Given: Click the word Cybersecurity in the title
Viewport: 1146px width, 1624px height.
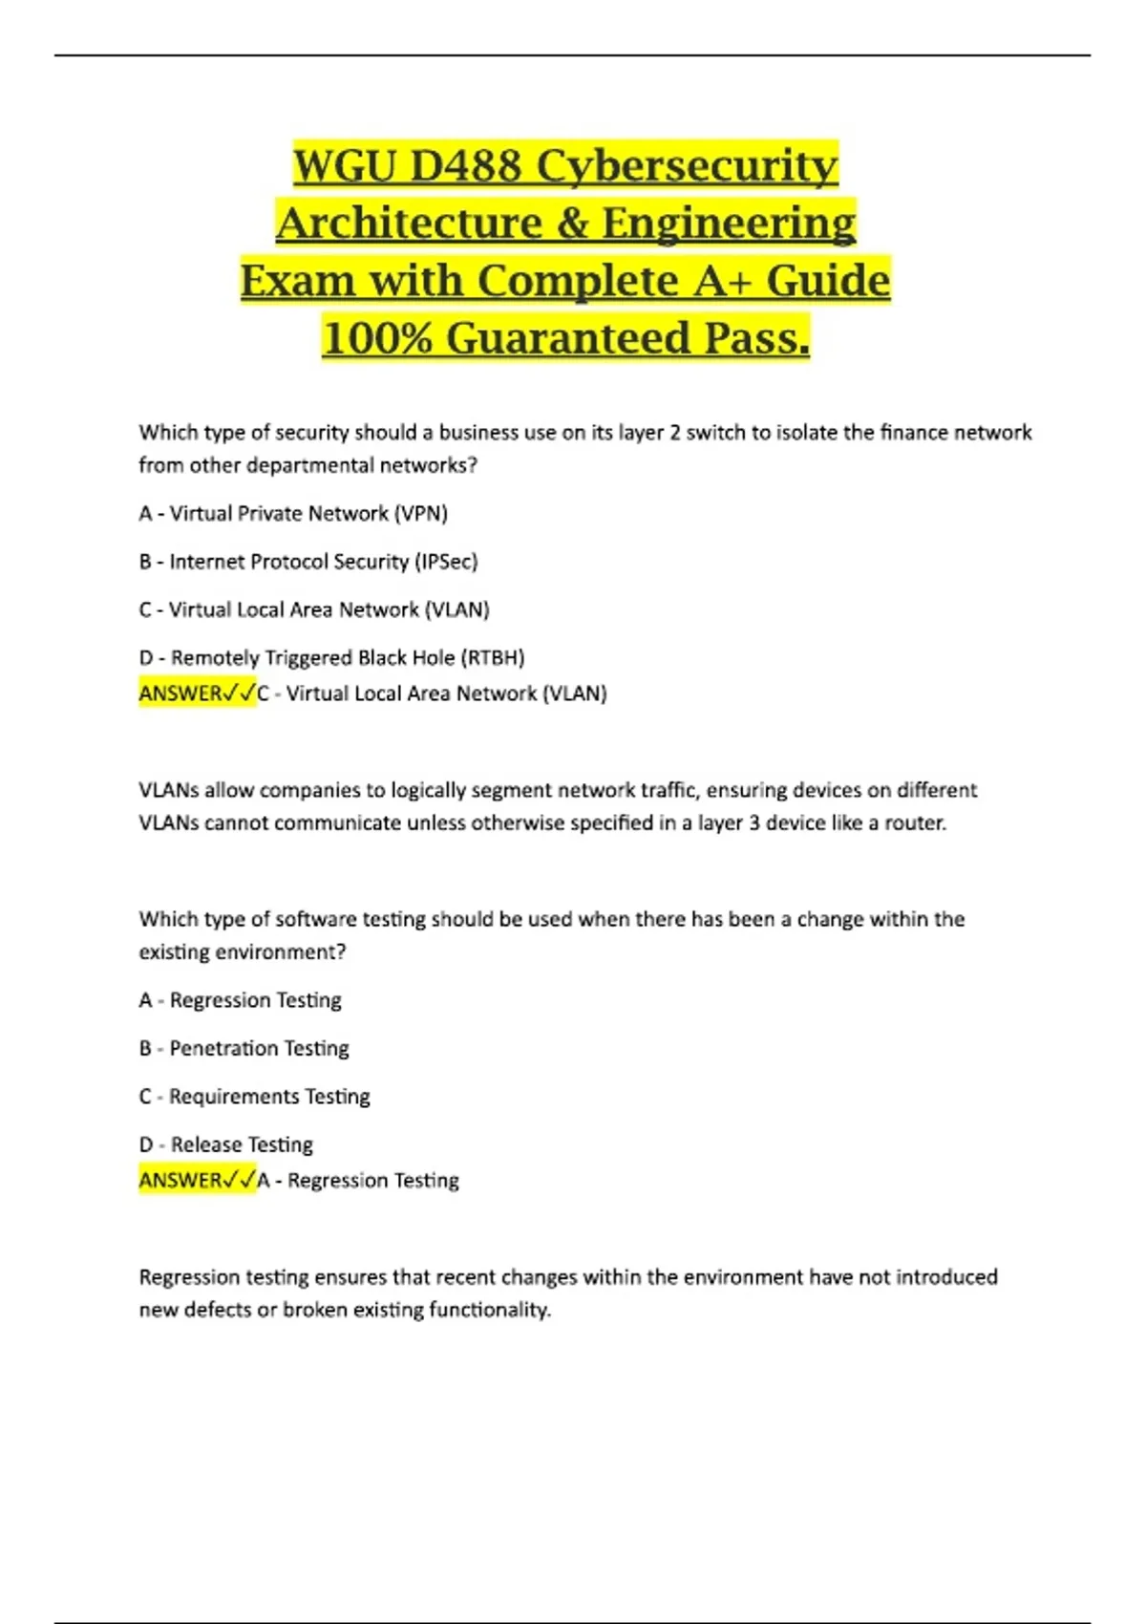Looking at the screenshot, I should pos(687,166).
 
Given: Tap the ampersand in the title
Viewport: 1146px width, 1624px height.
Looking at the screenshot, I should pos(571,224).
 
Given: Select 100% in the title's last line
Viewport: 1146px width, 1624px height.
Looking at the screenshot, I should pos(377,338).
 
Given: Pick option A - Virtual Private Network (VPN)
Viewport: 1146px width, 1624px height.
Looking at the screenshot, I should pos(293,513).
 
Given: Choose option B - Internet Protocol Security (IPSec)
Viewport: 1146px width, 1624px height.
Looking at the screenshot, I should pos(308,562).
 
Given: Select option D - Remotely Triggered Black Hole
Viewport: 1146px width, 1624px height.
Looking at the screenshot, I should pos(331,657).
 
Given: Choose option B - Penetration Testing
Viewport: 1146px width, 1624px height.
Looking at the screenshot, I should pos(244,1048).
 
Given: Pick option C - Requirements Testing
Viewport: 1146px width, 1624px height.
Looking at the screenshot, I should pos(254,1097).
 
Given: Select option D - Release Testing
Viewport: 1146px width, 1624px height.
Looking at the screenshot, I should pos(225,1144).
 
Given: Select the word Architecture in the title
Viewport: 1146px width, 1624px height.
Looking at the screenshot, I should pos(409,224).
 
